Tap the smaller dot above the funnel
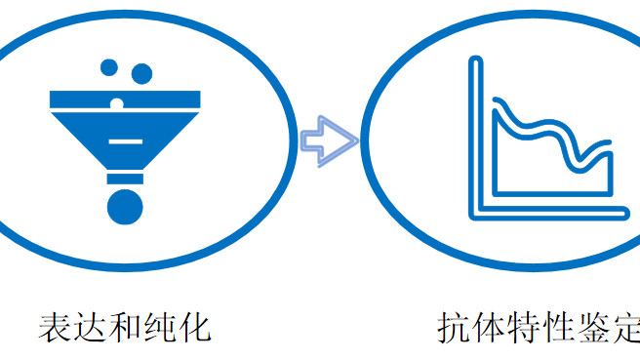[x=109, y=67]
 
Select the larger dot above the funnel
[x=141, y=73]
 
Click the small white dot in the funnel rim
[x=117, y=101]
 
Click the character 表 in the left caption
[x=57, y=327]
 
